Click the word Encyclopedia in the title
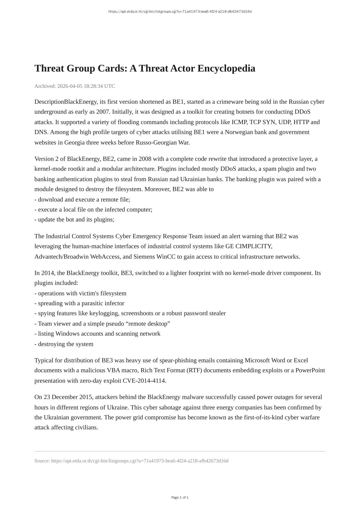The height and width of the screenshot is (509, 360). (226, 68)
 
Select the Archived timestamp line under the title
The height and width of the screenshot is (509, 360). (74, 86)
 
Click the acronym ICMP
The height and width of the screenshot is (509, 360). (239, 122)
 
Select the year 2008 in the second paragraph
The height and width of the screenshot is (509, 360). (145, 159)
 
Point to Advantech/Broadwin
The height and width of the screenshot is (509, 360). (61, 257)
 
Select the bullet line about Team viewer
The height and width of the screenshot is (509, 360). (102, 324)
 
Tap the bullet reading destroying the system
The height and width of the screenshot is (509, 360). (64, 344)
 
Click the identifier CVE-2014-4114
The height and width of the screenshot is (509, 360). (144, 381)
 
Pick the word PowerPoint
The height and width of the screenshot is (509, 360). (310, 370)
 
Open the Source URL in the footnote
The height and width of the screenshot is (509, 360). (140, 461)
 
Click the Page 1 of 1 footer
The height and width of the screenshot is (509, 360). (180, 497)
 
